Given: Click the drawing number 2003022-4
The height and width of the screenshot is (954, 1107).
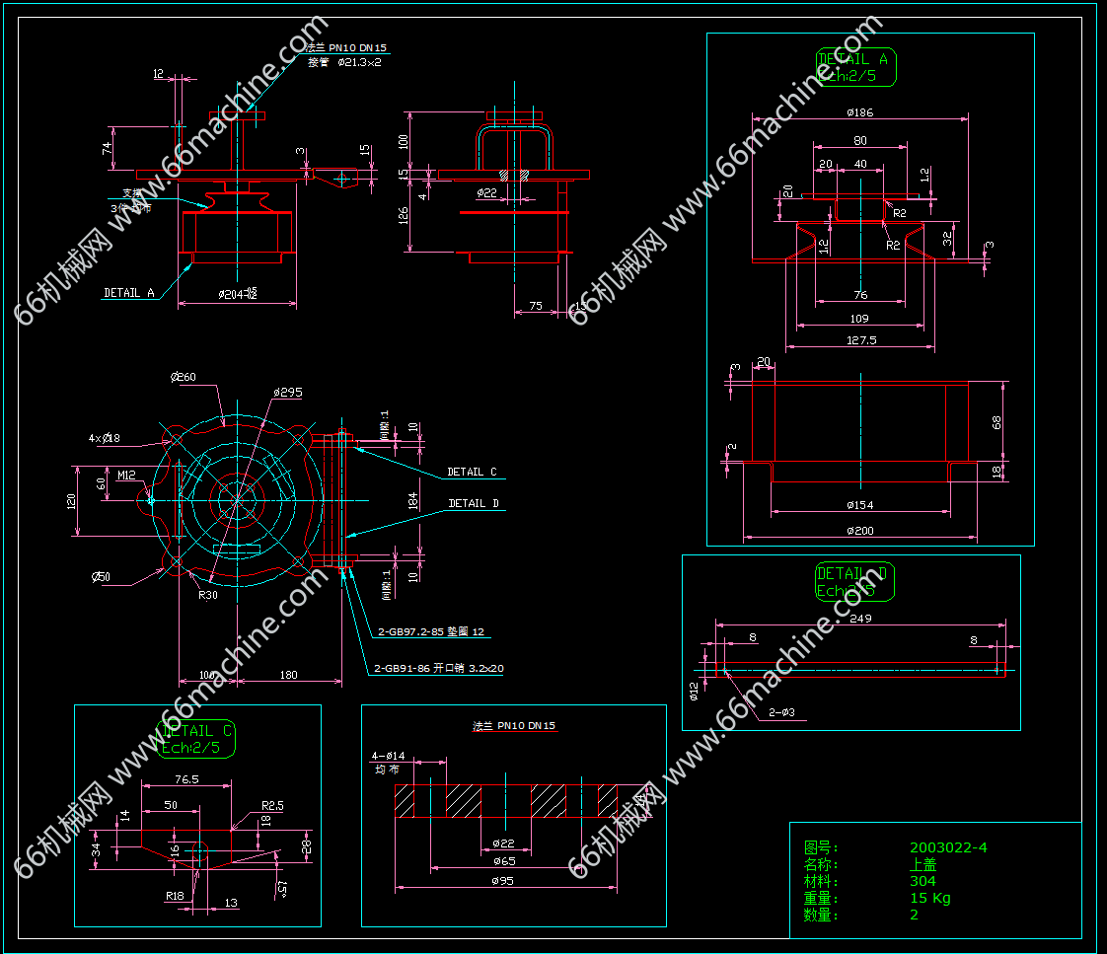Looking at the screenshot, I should click(947, 847).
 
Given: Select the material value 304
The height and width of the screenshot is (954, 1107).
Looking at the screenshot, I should click(922, 881).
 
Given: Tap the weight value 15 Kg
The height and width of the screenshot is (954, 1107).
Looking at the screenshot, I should click(929, 898).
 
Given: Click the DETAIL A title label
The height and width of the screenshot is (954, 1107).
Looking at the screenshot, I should click(852, 59).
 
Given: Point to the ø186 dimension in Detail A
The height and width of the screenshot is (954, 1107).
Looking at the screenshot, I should click(859, 112).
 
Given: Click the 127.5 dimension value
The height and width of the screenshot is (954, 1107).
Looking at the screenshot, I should click(859, 339).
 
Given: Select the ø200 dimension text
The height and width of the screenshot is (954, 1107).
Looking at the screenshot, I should click(859, 531).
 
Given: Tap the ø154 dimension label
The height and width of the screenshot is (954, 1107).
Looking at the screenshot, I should click(859, 505).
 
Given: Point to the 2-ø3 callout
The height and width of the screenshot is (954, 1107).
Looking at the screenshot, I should click(781, 712).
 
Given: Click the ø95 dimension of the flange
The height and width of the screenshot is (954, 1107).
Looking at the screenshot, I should click(501, 881).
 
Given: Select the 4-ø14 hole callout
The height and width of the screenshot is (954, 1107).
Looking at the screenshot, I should click(388, 756).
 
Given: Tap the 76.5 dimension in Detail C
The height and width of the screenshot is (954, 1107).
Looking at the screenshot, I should click(186, 778).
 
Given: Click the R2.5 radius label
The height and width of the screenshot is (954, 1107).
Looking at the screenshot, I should click(272, 805).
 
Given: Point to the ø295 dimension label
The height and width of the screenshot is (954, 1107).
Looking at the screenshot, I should click(287, 393).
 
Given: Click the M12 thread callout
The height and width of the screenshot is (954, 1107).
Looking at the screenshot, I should click(126, 475).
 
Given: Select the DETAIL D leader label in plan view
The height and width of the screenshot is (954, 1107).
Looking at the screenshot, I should click(474, 503).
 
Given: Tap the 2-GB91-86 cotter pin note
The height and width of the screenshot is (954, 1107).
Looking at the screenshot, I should click(439, 668).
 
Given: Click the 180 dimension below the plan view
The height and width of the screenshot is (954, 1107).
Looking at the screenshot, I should click(289, 675).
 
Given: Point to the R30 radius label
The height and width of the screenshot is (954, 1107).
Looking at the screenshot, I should click(207, 595).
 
